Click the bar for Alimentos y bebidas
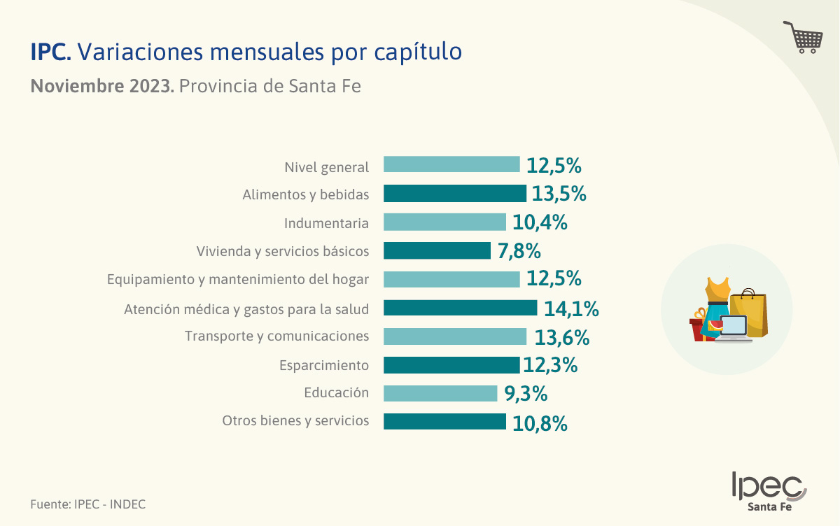click(x=454, y=194)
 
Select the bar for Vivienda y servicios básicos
click(x=437, y=250)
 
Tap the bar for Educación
click(x=440, y=393)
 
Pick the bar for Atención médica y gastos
click(x=460, y=308)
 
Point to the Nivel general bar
click(x=451, y=165)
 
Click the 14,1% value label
click(x=571, y=309)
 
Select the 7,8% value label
click(x=519, y=251)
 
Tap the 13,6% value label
click(x=562, y=338)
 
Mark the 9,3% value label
click(x=526, y=395)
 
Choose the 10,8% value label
click(x=540, y=423)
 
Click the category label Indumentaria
click(x=326, y=223)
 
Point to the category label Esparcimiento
click(x=323, y=365)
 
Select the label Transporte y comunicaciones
click(x=276, y=336)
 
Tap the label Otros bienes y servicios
click(x=295, y=421)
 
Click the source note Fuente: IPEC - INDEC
click(x=88, y=504)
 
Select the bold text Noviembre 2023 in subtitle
click(x=102, y=87)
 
